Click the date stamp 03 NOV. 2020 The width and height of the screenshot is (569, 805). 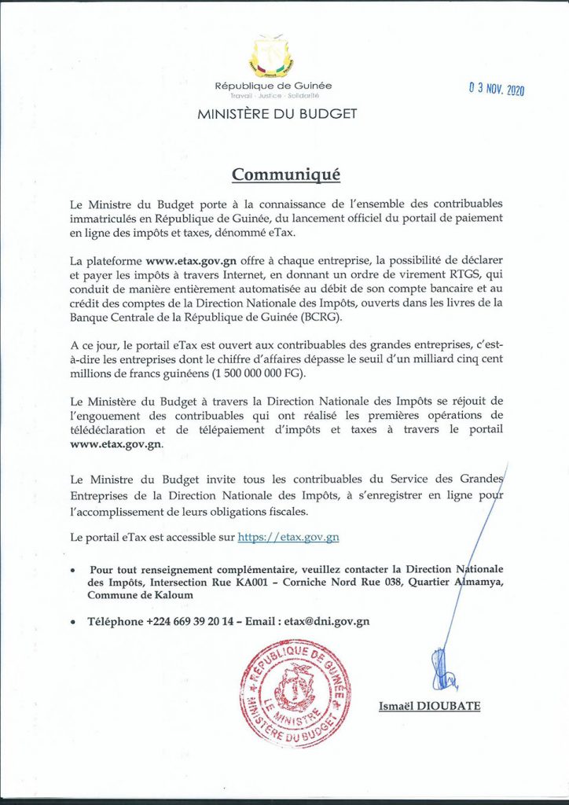pyautogui.click(x=497, y=89)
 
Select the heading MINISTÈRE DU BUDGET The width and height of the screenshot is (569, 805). pyautogui.click(x=277, y=113)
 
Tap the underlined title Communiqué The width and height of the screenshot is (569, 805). pyautogui.click(x=284, y=173)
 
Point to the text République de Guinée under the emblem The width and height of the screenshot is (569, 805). pyautogui.click(x=273, y=85)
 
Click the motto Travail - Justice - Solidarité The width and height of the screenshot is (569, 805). pyautogui.click(x=273, y=95)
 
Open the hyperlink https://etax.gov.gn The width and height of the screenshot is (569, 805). pyautogui.click(x=288, y=538)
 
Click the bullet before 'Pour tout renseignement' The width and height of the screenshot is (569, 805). pyautogui.click(x=74, y=570)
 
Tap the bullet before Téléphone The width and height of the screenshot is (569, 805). pyautogui.click(x=74, y=622)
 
